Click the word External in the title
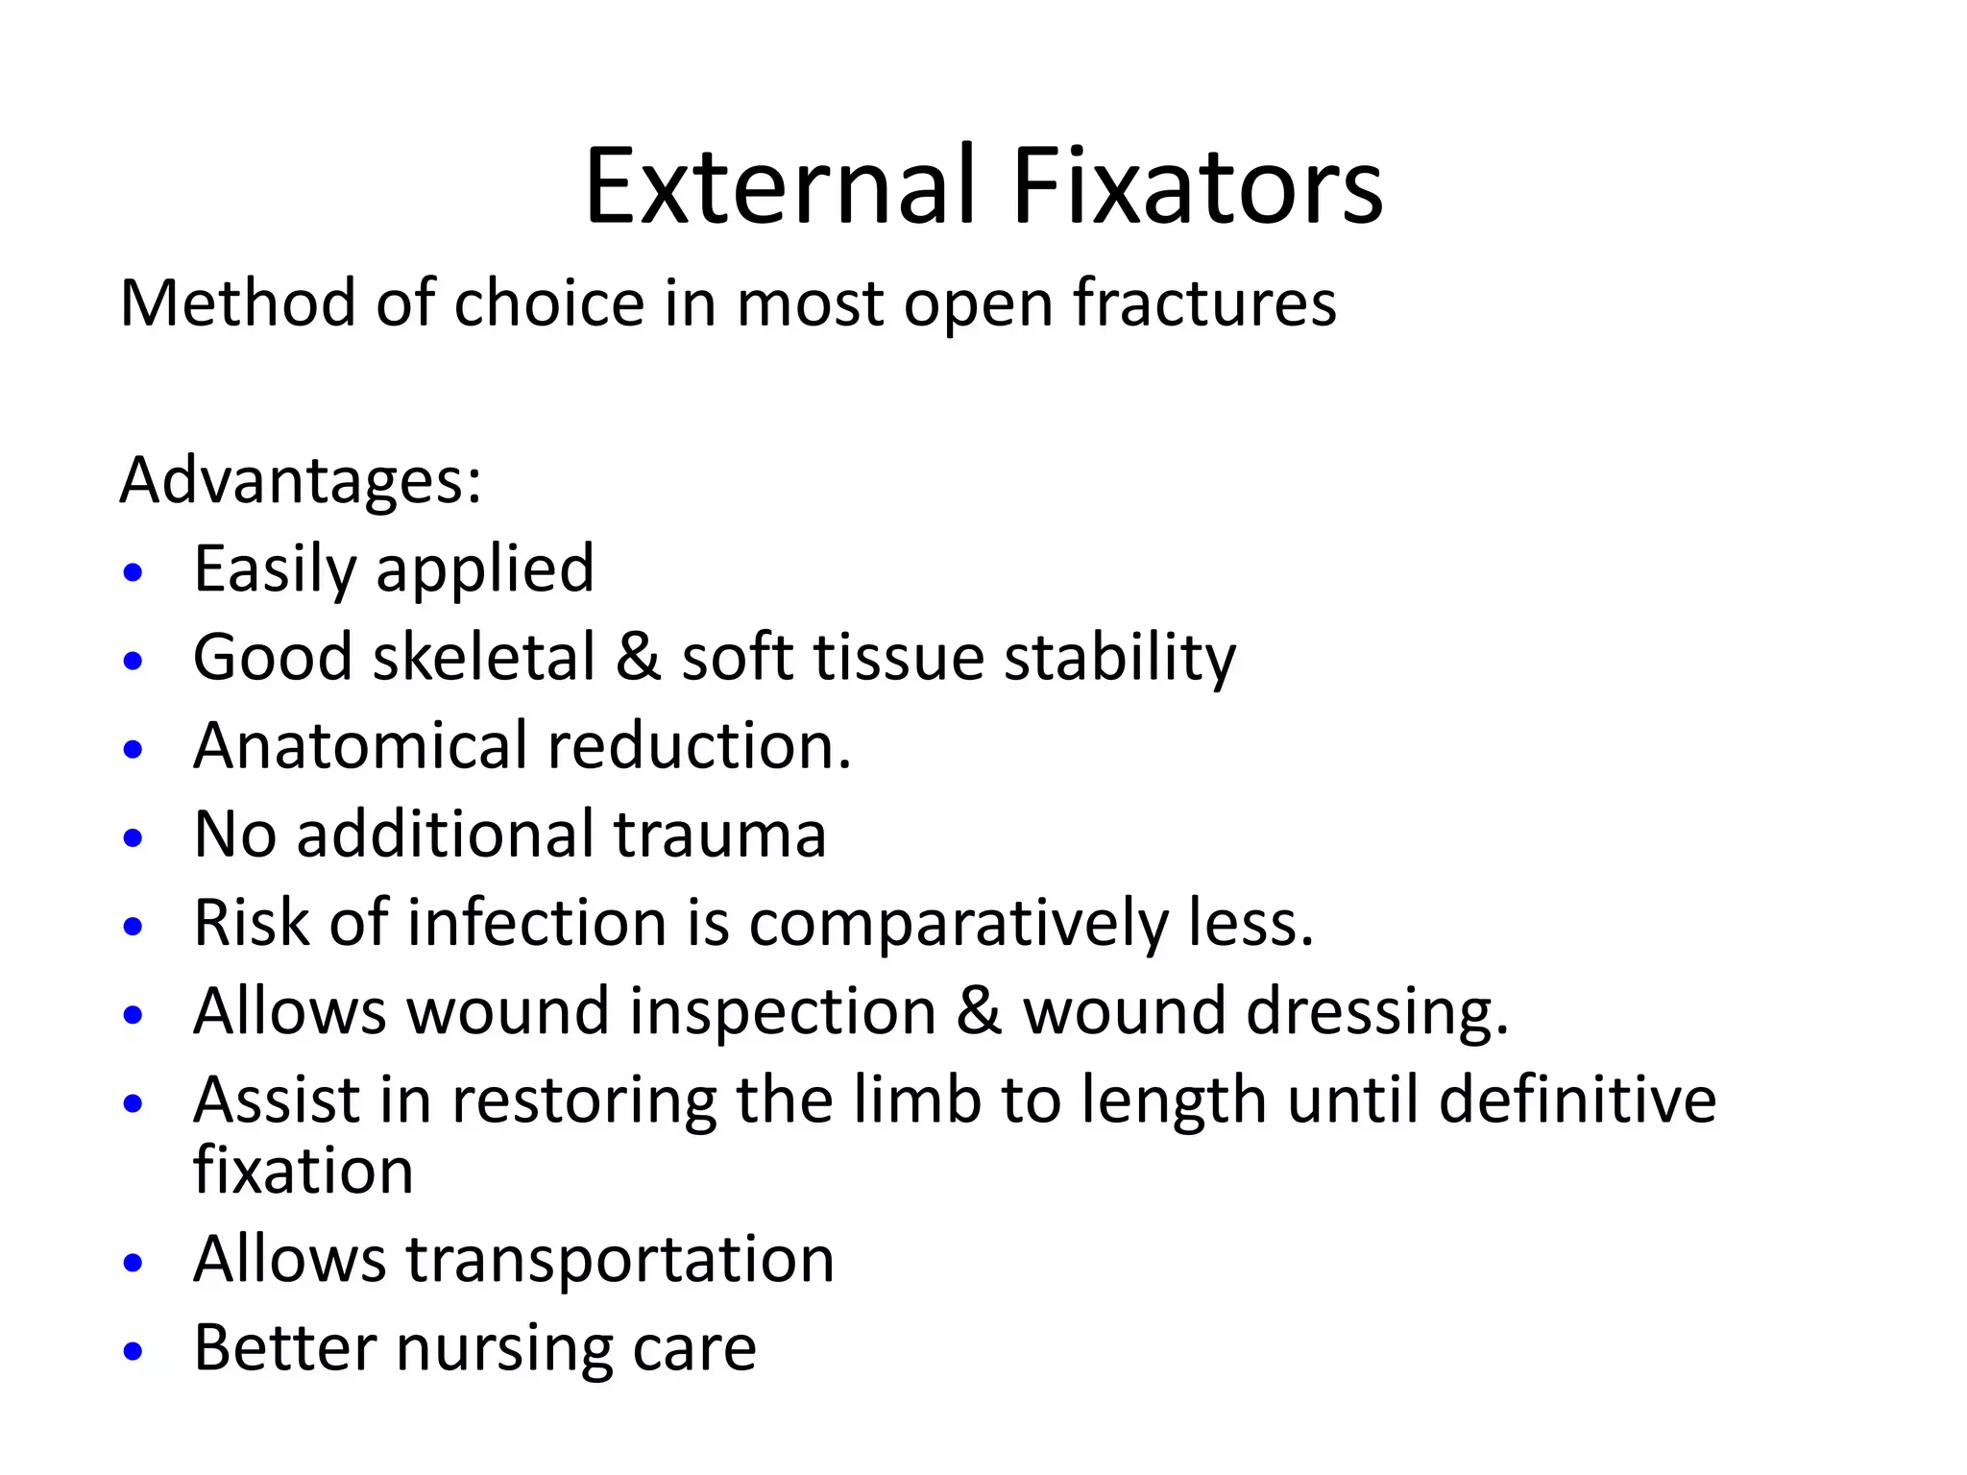(779, 186)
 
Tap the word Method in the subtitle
(238, 303)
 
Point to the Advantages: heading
(300, 480)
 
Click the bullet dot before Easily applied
(134, 573)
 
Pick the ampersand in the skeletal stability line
(638, 659)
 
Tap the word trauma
(719, 834)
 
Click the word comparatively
(958, 924)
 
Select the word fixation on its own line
(303, 1172)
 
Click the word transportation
(619, 1260)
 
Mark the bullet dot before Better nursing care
(134, 1352)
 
